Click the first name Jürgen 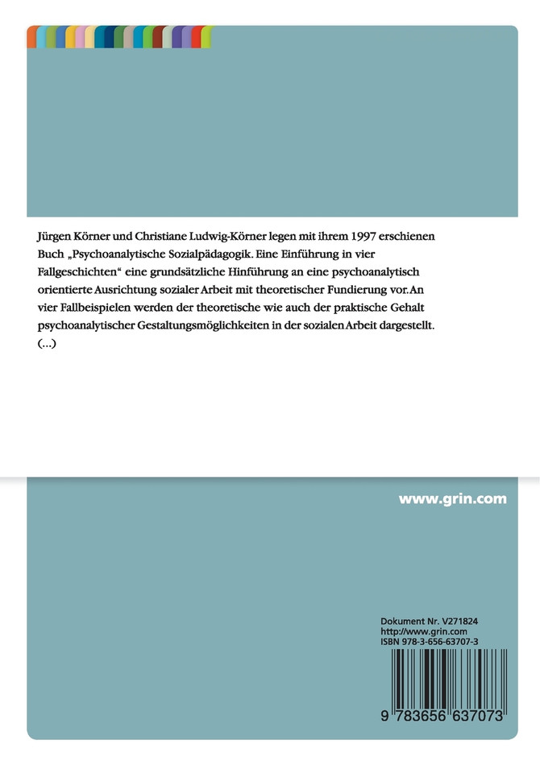coord(54,238)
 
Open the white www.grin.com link coord(453,499)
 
